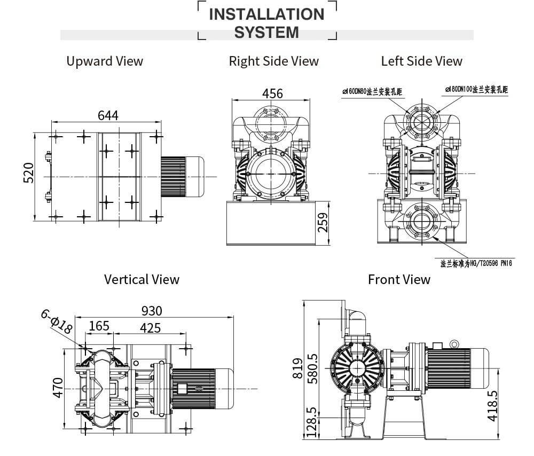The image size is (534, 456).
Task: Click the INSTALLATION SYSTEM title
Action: click(x=266, y=23)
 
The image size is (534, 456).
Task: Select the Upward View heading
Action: click(x=105, y=61)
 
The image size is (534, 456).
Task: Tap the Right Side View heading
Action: click(x=273, y=61)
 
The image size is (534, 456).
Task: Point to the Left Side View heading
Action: click(x=421, y=61)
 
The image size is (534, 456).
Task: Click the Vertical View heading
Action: click(x=142, y=279)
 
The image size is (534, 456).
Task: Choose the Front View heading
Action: click(x=399, y=279)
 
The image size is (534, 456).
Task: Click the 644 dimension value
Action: click(x=108, y=115)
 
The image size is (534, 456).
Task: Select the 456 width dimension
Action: click(x=272, y=93)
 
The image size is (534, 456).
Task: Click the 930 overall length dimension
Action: click(x=152, y=311)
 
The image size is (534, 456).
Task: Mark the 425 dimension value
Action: click(x=150, y=327)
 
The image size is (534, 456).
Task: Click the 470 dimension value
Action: click(x=58, y=387)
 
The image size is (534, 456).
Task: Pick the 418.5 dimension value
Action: click(x=492, y=406)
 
